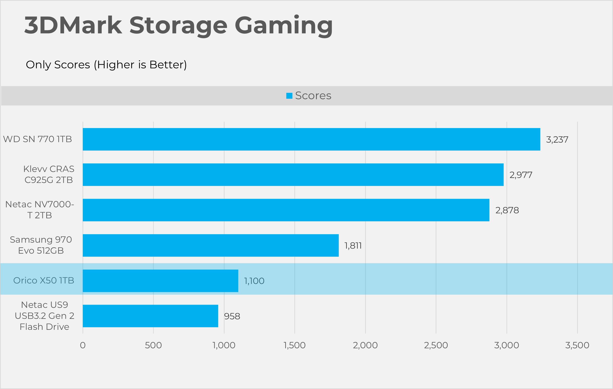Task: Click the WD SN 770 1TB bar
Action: click(x=311, y=139)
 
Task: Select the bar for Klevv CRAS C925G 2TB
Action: click(x=293, y=175)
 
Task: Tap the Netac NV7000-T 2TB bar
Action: click(x=286, y=210)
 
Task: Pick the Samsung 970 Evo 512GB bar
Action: click(x=211, y=246)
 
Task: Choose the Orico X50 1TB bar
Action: click(x=160, y=281)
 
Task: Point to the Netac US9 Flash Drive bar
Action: click(x=150, y=316)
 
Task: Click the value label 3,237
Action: click(x=557, y=140)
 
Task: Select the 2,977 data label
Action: click(x=521, y=175)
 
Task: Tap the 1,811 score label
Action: click(x=353, y=246)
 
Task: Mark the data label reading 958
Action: click(x=232, y=316)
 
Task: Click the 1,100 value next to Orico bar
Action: click(x=254, y=281)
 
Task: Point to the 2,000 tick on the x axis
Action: click(x=365, y=345)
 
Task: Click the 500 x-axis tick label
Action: click(x=153, y=345)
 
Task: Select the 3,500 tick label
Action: click(x=577, y=345)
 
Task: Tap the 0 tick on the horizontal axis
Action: click(x=83, y=345)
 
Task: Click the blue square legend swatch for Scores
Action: click(x=289, y=96)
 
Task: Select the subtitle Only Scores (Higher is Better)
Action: click(x=106, y=65)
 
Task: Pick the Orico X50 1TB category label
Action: click(x=43, y=280)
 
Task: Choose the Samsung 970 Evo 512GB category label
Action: click(x=41, y=245)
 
